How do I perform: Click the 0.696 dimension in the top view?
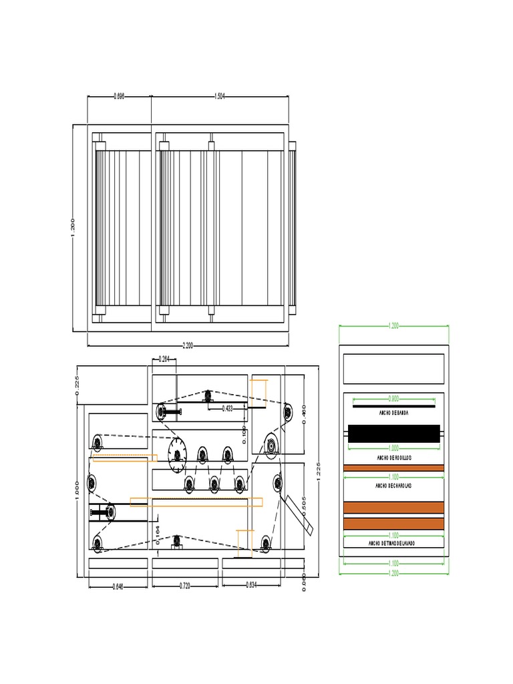click(x=119, y=96)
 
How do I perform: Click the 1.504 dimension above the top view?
click(x=220, y=96)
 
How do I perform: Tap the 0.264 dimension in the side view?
click(x=164, y=359)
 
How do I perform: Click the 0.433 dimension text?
click(x=228, y=409)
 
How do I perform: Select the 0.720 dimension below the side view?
click(x=185, y=586)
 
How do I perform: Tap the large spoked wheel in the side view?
click(x=177, y=455)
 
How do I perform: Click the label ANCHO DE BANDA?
click(x=393, y=413)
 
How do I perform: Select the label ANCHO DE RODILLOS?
click(x=393, y=458)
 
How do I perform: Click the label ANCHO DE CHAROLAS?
click(x=393, y=486)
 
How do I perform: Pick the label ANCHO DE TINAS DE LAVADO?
click(x=393, y=544)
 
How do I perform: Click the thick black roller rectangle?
click(x=393, y=434)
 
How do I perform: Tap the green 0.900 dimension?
click(x=393, y=397)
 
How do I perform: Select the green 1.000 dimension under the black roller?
click(x=393, y=448)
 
